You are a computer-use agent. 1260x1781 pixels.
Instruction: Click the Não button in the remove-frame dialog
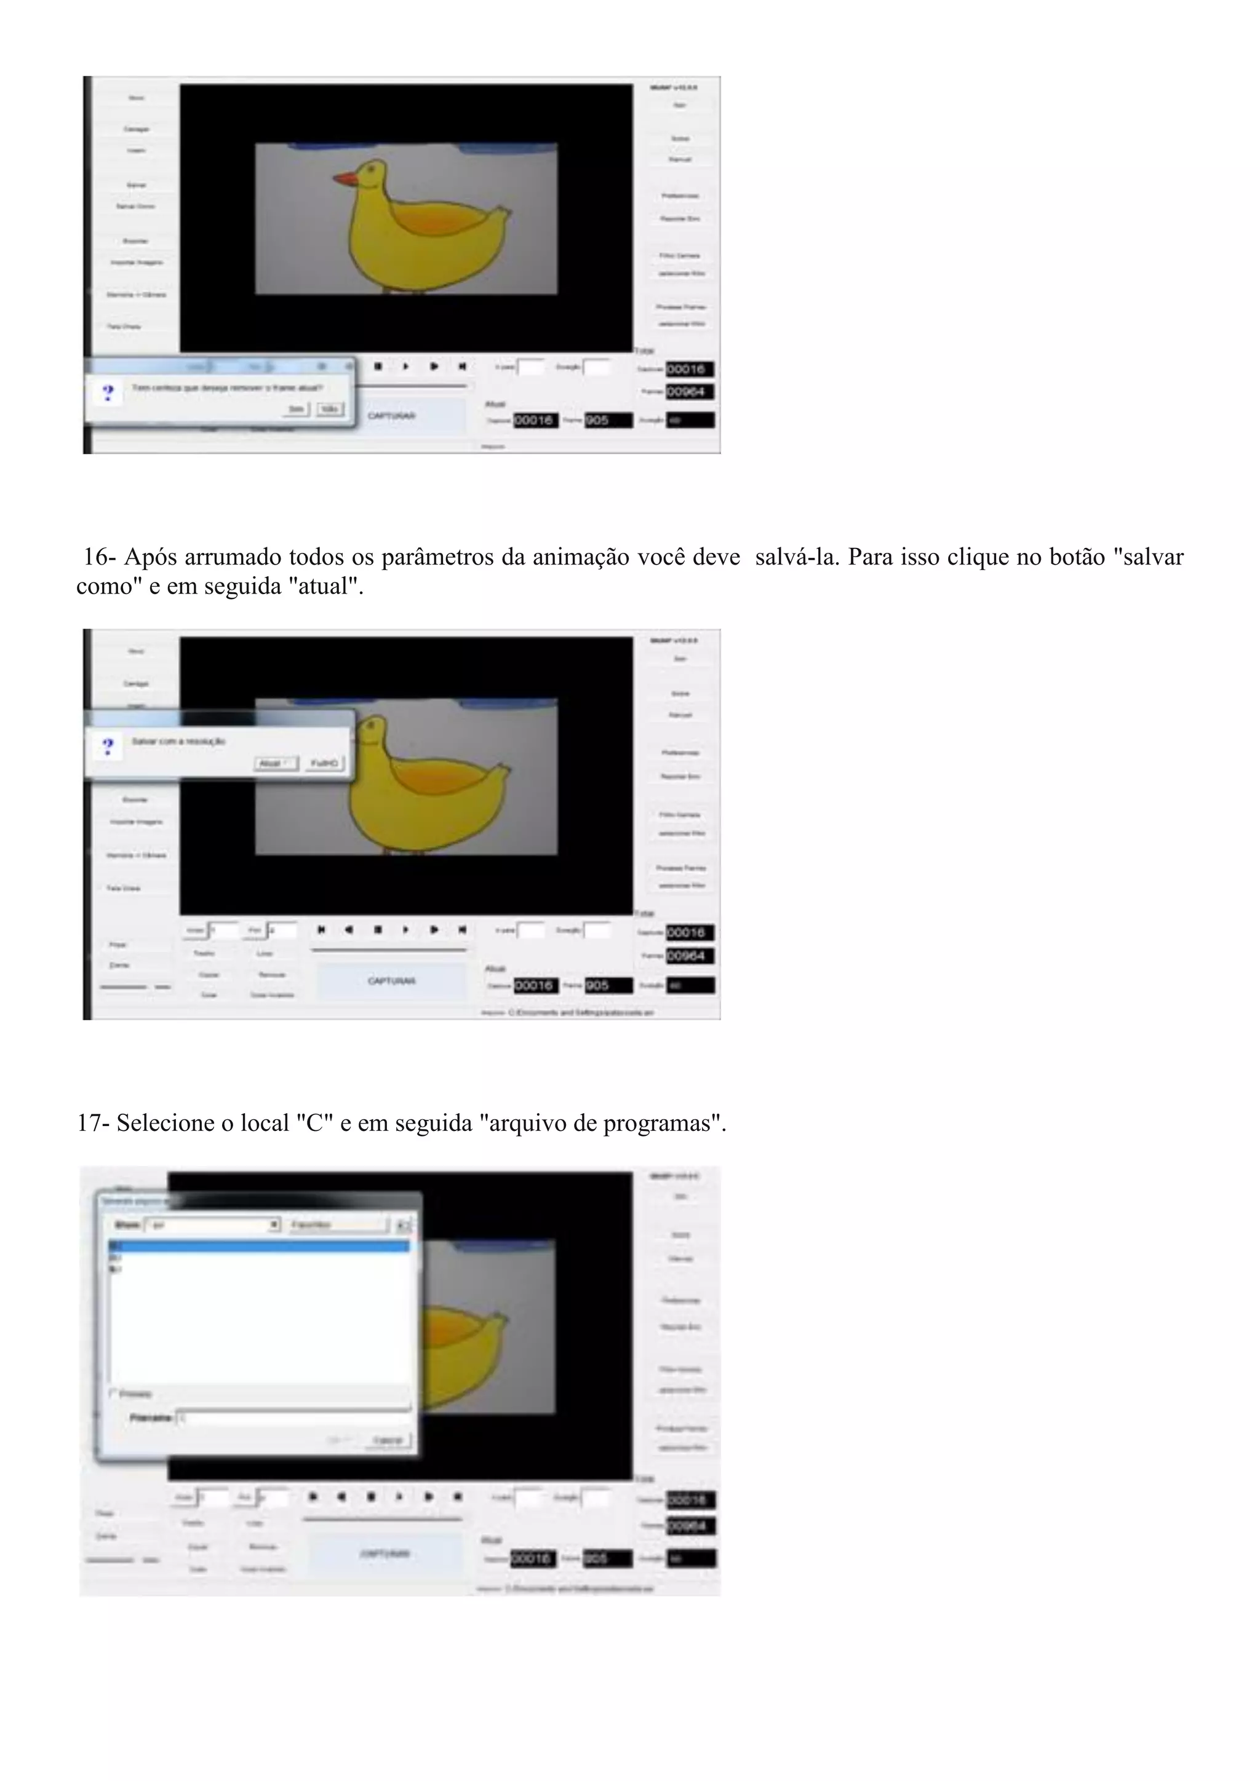click(x=330, y=409)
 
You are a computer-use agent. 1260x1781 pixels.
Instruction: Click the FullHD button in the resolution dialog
click(x=324, y=763)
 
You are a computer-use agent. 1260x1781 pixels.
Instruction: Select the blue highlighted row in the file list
click(x=258, y=1246)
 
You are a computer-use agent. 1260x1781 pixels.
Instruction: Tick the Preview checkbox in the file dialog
click(x=113, y=1393)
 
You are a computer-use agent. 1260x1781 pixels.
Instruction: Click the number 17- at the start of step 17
click(x=93, y=1123)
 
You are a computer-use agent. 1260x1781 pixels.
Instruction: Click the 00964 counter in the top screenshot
click(x=689, y=392)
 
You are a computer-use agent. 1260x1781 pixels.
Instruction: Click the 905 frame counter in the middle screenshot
click(x=608, y=985)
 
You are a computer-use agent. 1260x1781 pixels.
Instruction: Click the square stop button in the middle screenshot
click(x=378, y=929)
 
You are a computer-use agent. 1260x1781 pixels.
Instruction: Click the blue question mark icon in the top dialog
click(x=108, y=392)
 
